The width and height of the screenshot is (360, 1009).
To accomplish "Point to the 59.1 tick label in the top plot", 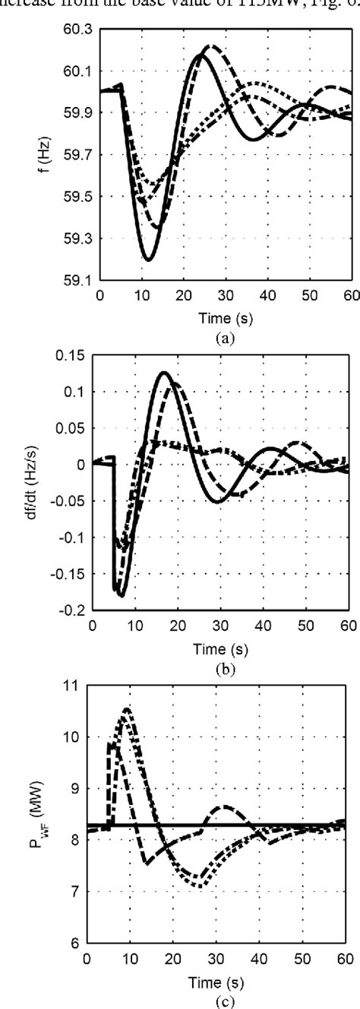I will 81,280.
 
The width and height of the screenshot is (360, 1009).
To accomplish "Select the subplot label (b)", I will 221,670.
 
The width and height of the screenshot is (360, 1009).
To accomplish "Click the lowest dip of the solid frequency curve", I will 148,260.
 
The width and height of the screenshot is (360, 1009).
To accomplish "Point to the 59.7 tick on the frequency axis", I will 81,155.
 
